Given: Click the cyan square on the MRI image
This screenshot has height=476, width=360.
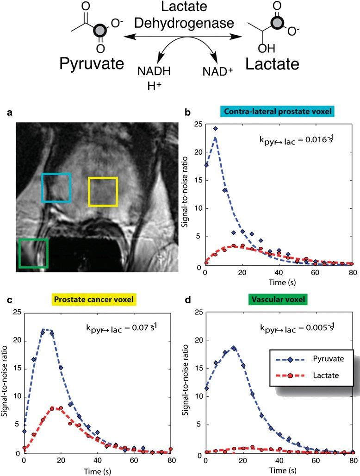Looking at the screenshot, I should pos(56,188).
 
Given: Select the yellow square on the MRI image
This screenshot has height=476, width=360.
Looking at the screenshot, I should pos(103,191).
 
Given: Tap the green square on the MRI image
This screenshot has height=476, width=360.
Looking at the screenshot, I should pos(33,253).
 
